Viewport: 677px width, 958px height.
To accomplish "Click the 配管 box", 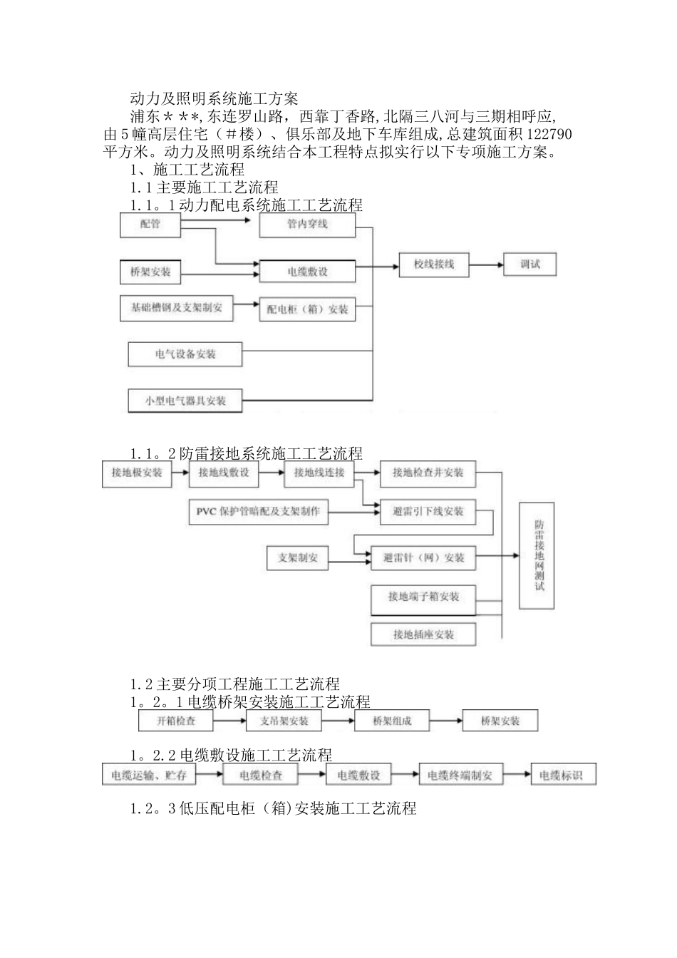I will [x=150, y=225].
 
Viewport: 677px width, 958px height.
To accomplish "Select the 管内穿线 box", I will [x=307, y=225].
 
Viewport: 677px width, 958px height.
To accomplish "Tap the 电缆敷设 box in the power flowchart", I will [x=307, y=271].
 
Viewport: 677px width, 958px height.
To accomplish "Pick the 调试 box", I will [x=529, y=264].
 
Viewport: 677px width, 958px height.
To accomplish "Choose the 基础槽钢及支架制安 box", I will [x=176, y=307].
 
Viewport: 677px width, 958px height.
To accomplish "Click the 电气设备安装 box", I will [x=185, y=354].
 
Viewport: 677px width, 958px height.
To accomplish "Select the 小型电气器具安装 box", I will [x=185, y=401].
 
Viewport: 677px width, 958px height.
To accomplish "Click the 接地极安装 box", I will [x=138, y=473].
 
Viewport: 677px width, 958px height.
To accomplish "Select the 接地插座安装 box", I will [x=423, y=634].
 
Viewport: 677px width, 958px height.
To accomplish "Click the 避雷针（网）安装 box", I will [x=423, y=557].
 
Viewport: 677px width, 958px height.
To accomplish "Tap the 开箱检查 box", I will [x=175, y=721].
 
